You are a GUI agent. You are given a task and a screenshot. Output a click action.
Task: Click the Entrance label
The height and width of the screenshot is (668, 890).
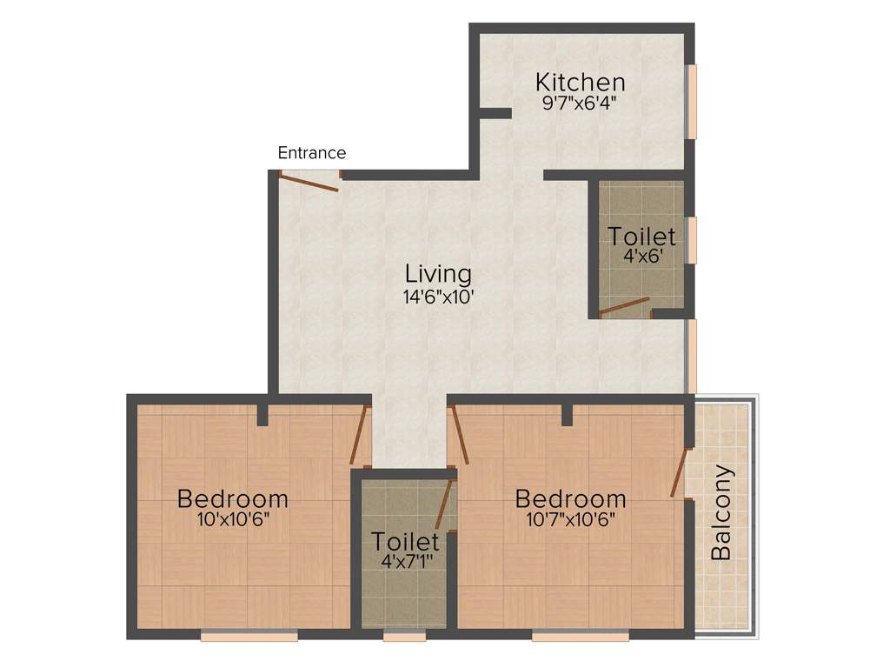click(x=311, y=153)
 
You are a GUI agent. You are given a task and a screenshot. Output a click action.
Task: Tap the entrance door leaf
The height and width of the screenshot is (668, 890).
click(x=309, y=182)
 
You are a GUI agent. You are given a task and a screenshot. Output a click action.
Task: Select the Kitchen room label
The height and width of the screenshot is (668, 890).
click(x=580, y=83)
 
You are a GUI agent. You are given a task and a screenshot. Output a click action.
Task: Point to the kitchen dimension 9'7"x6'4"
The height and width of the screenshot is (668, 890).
click(x=580, y=103)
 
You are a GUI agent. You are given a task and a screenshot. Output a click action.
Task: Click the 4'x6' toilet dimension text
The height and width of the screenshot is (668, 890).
click(x=641, y=257)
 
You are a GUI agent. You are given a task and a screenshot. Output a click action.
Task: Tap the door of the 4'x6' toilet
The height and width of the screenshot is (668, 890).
click(x=625, y=306)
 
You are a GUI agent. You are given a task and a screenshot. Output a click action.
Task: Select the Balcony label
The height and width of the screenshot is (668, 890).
click(x=722, y=513)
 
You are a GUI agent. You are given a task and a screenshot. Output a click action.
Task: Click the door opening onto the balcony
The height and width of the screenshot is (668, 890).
click(x=680, y=472)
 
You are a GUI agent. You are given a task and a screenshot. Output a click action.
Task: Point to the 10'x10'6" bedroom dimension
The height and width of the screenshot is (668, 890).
click(x=232, y=520)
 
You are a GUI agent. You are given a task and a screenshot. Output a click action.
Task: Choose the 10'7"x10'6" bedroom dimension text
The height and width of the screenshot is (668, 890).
click(x=570, y=520)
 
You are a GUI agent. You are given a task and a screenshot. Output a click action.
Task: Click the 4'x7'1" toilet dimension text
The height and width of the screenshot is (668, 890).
click(x=404, y=561)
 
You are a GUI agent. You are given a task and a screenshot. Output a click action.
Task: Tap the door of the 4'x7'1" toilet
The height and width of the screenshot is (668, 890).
click(x=444, y=504)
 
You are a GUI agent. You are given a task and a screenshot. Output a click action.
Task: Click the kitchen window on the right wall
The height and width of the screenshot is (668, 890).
click(x=692, y=101)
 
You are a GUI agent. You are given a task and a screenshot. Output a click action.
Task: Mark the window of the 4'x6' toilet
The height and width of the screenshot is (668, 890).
click(x=692, y=239)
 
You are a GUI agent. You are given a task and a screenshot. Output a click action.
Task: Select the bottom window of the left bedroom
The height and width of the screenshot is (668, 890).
click(x=249, y=637)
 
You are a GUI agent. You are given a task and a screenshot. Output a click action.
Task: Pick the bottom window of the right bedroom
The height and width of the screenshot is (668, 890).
click(x=580, y=637)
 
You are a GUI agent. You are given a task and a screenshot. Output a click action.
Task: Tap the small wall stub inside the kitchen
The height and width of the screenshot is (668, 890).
click(x=495, y=113)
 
